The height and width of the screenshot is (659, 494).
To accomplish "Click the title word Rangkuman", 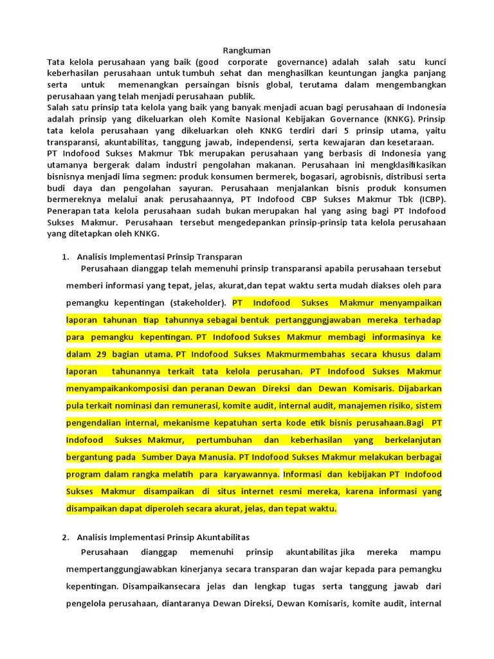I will (247, 50).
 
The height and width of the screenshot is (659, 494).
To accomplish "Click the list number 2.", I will (65, 536).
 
